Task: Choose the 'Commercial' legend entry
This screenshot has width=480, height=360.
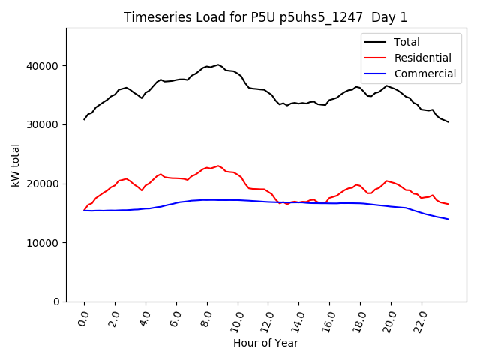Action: (x=424, y=73)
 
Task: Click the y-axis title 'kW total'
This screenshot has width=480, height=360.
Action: (x=16, y=165)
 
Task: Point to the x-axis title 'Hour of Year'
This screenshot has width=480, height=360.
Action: (x=265, y=343)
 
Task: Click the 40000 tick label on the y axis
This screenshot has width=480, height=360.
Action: (x=44, y=66)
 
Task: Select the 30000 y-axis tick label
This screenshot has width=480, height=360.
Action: (x=44, y=124)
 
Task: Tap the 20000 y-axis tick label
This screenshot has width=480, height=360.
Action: (x=44, y=184)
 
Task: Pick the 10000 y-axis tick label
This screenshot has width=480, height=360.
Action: (x=44, y=243)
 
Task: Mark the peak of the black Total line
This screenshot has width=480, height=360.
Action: (x=218, y=64)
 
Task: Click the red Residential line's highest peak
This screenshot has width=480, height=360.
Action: (x=218, y=166)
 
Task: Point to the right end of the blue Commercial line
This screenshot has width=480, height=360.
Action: (x=448, y=219)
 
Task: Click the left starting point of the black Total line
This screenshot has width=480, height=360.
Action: (x=84, y=119)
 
